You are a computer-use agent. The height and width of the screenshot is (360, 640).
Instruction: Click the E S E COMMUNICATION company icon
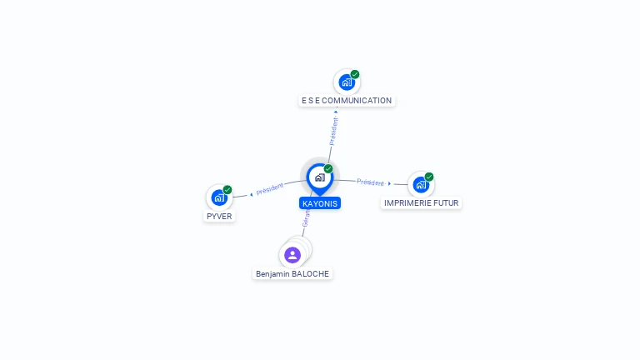pyautogui.click(x=346, y=82)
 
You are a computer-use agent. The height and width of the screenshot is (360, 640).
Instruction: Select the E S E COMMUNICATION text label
pyautogui.click(x=347, y=101)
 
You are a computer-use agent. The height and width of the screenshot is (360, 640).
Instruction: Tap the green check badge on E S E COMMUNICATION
pyautogui.click(x=355, y=74)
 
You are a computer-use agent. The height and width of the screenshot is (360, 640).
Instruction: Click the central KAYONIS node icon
pyautogui.click(x=319, y=177)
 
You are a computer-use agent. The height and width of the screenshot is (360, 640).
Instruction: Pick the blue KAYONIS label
pyautogui.click(x=320, y=202)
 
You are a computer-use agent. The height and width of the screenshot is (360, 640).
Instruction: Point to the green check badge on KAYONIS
pyautogui.click(x=328, y=168)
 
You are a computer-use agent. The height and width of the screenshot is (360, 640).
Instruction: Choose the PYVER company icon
pyautogui.click(x=219, y=197)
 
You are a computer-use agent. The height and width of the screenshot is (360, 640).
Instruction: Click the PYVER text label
pyautogui.click(x=219, y=216)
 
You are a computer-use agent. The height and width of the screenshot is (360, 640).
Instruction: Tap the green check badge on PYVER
pyautogui.click(x=227, y=189)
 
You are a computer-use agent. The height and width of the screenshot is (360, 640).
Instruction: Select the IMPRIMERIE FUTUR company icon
pyautogui.click(x=421, y=184)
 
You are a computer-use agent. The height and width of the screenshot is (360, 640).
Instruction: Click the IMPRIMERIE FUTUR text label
pyautogui.click(x=422, y=202)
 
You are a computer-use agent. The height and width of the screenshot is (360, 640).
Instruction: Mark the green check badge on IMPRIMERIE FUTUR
pyautogui.click(x=429, y=177)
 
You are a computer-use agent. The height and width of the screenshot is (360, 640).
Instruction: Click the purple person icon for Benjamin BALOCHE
pyautogui.click(x=292, y=254)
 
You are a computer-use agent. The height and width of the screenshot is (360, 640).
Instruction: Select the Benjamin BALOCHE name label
pyautogui.click(x=292, y=273)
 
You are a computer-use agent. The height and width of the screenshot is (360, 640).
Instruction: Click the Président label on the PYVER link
pyautogui.click(x=270, y=189)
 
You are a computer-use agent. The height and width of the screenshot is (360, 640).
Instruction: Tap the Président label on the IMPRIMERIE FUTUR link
pyautogui.click(x=370, y=182)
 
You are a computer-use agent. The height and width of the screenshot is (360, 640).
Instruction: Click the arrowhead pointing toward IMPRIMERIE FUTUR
pyautogui.click(x=389, y=183)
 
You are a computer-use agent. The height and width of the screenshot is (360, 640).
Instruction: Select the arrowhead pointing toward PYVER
pyautogui.click(x=251, y=194)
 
